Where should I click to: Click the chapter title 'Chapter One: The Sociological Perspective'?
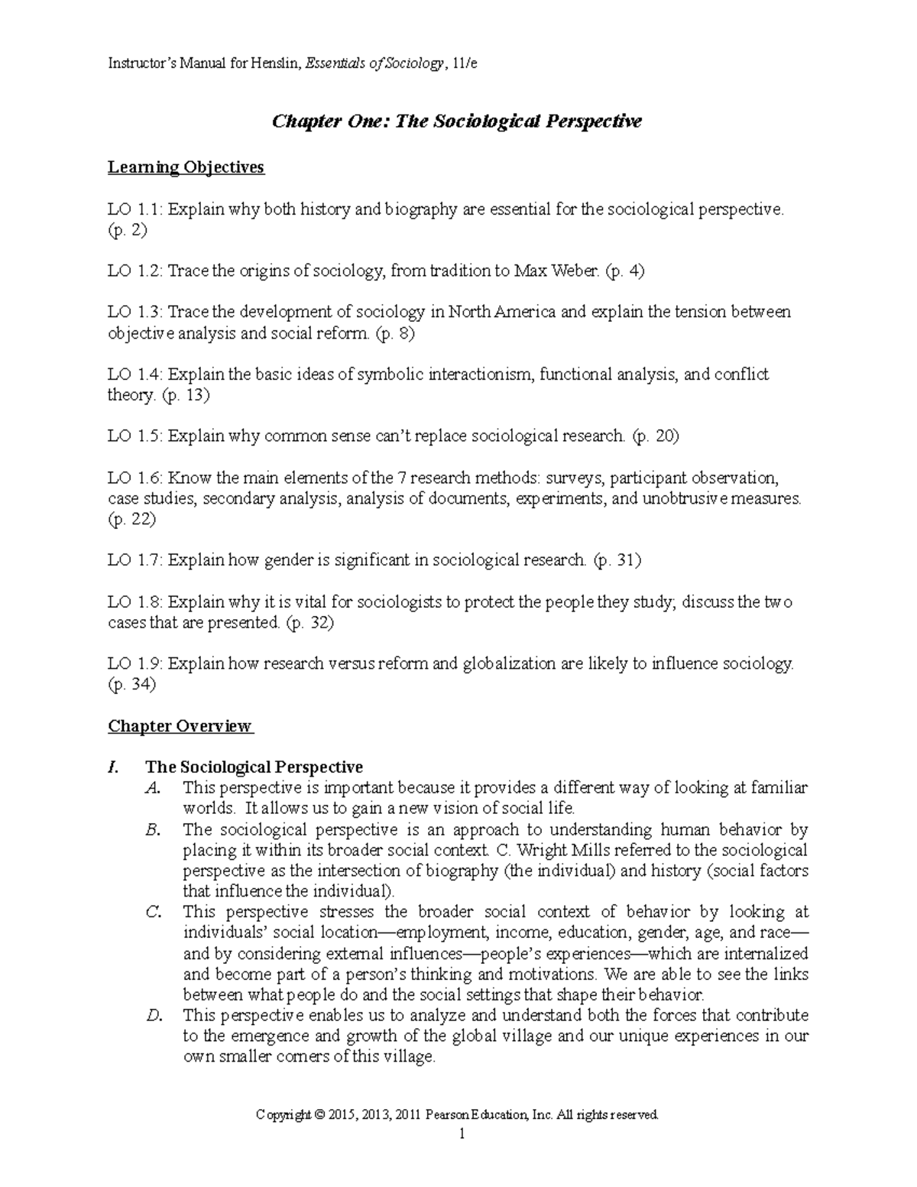point(458,122)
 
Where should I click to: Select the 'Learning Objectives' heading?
point(186,167)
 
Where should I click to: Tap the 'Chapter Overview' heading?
point(180,726)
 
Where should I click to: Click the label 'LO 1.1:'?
point(135,209)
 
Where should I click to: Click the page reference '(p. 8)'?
point(396,333)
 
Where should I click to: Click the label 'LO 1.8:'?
point(135,602)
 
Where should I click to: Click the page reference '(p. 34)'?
point(131,685)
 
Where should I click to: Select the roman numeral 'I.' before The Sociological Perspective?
point(114,767)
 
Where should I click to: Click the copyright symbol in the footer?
point(319,1116)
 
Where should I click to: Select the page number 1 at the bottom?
point(461,1135)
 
